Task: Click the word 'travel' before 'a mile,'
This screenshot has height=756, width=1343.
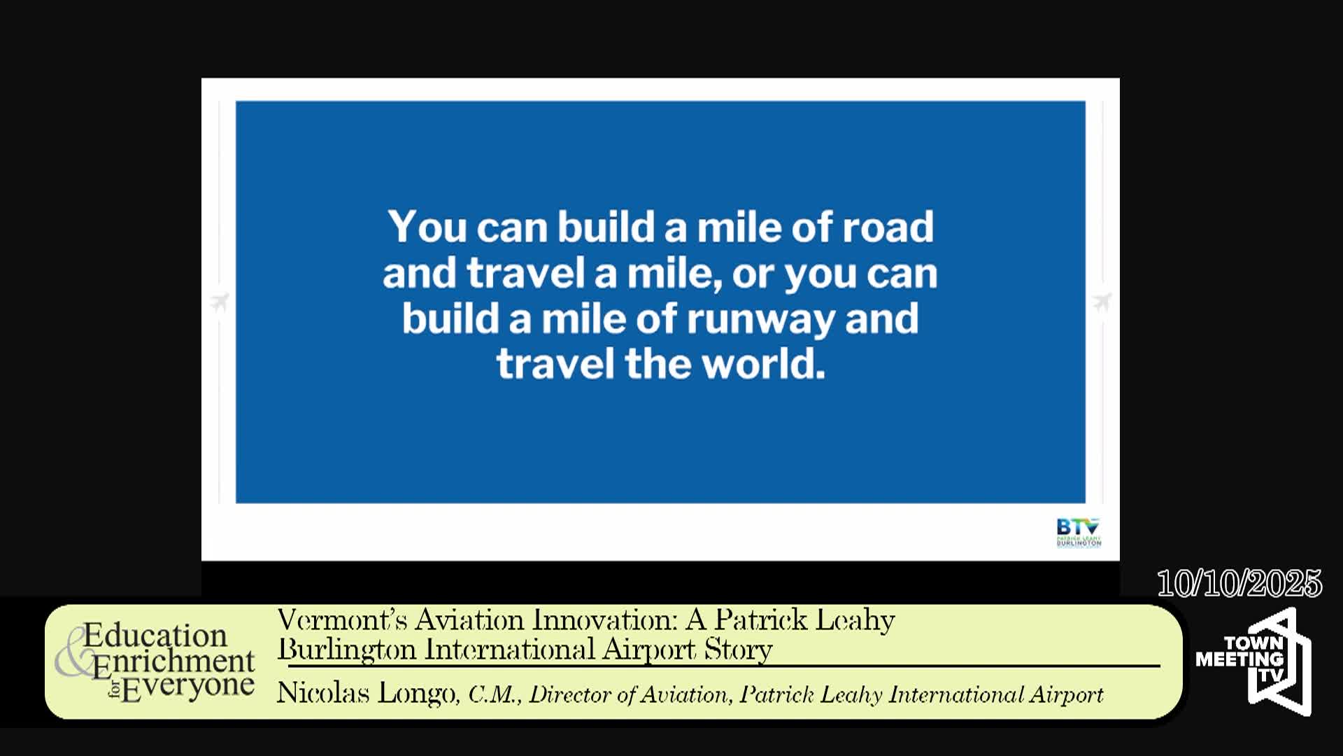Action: coord(525,273)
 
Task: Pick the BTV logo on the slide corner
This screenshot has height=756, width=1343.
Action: coord(1078,532)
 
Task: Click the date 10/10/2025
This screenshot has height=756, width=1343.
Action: coord(1239,583)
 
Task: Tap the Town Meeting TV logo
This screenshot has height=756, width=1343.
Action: coord(1253,661)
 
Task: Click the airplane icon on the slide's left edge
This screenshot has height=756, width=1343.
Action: coord(220,302)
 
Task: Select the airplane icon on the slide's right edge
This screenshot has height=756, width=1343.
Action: coord(1102,302)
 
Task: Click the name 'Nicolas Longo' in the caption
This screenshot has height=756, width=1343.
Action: coord(366,694)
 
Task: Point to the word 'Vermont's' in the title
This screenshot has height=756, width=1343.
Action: coord(341,620)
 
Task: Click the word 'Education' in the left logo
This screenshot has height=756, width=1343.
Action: coord(155,636)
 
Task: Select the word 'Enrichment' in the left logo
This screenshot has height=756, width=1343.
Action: coord(173,661)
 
